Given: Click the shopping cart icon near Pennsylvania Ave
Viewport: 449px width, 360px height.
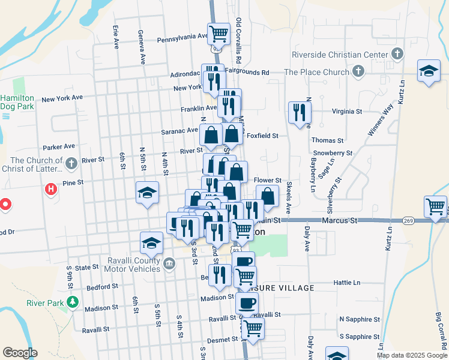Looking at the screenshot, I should point(219,33).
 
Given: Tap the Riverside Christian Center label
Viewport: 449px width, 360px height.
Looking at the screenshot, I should point(339,55).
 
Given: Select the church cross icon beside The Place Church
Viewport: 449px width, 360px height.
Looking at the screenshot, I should point(358,72).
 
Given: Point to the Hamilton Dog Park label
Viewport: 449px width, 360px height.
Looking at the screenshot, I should point(16,102).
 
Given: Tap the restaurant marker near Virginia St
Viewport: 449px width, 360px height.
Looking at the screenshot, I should point(299,112).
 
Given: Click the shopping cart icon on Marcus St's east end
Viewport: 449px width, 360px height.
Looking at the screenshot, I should point(435,206).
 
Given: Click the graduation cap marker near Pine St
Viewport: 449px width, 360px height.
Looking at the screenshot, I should point(147,193).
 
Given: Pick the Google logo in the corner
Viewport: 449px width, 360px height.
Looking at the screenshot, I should point(20,353).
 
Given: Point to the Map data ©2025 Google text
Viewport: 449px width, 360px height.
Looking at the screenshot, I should point(411,355).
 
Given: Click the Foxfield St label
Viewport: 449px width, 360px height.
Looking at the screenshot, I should point(263,136).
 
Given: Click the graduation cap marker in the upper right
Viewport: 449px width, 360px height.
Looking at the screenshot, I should point(429,71).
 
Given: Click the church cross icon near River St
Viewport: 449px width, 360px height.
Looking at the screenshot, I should point(71,163).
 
